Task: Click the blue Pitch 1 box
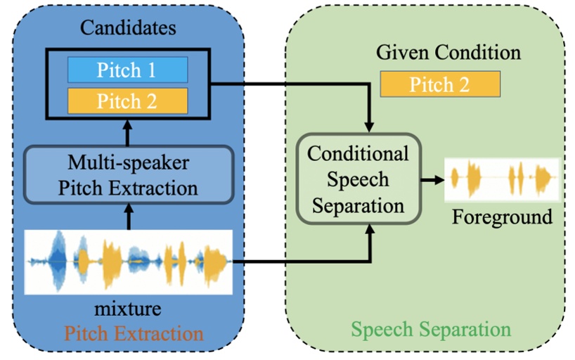(x=127, y=70)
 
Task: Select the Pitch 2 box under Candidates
(x=127, y=101)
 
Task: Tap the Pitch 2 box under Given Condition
(x=439, y=85)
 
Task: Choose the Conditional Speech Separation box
(x=358, y=179)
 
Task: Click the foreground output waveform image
(x=501, y=179)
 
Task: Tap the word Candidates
(x=127, y=29)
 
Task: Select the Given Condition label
(x=448, y=53)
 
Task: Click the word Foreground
(x=502, y=217)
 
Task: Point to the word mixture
(x=128, y=307)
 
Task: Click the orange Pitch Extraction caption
(x=128, y=332)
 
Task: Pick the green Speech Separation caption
(x=431, y=329)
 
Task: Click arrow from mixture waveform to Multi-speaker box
(x=128, y=218)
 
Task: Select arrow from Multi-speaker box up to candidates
(x=128, y=131)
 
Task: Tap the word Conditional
(x=358, y=154)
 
